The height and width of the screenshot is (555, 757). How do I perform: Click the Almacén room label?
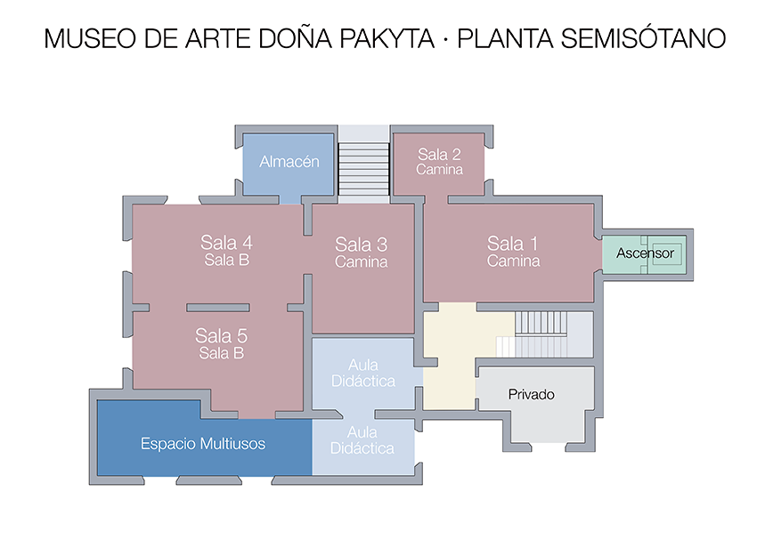(x=289, y=162)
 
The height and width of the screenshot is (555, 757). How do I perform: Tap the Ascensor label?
(x=645, y=253)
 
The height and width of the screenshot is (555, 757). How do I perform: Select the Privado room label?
(x=531, y=394)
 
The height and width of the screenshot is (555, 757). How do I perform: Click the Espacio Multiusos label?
(x=203, y=444)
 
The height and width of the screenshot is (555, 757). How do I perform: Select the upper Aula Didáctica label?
(x=363, y=373)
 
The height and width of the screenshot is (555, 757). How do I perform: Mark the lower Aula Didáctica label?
(x=362, y=440)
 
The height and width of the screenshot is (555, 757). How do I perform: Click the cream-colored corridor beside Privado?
(x=450, y=356)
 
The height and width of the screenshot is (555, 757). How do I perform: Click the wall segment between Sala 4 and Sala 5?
(x=217, y=308)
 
